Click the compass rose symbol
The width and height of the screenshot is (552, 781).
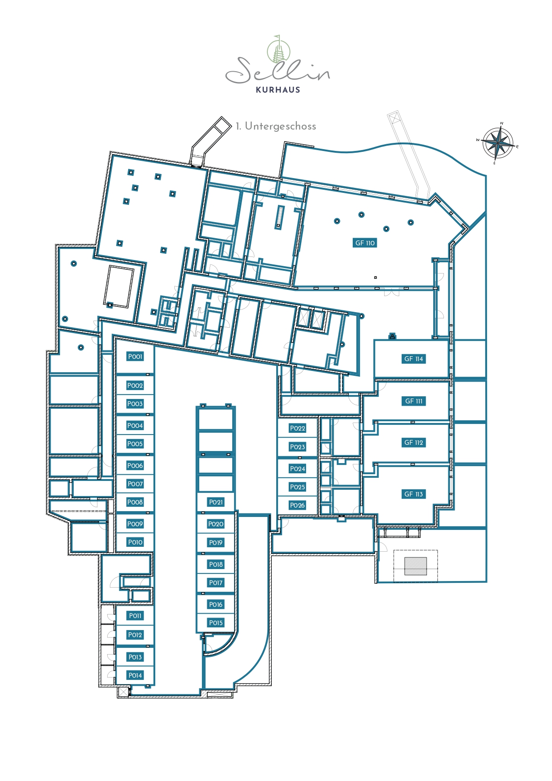point(498,143)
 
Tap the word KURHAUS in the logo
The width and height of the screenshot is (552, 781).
point(278,89)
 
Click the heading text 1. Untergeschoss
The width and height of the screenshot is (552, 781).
point(276,126)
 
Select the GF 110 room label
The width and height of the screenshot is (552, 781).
point(365,243)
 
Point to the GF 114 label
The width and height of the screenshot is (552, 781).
point(414,359)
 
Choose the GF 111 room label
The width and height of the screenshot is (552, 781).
point(414,401)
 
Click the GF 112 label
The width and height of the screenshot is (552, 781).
point(414,443)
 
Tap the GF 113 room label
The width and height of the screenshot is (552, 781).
point(414,494)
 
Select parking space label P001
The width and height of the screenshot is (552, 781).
point(135,357)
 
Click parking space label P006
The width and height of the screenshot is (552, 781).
point(135,466)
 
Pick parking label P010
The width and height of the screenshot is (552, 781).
point(135,542)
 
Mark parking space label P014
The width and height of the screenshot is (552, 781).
point(135,675)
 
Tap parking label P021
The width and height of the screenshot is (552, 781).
point(216,502)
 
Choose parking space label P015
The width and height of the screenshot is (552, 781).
point(216,623)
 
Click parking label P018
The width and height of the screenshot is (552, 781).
point(216,565)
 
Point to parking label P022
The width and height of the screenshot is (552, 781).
point(298,428)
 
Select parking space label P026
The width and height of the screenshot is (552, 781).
point(298,505)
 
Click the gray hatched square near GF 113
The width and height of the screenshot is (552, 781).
point(415,566)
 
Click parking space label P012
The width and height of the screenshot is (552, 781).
point(135,635)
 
